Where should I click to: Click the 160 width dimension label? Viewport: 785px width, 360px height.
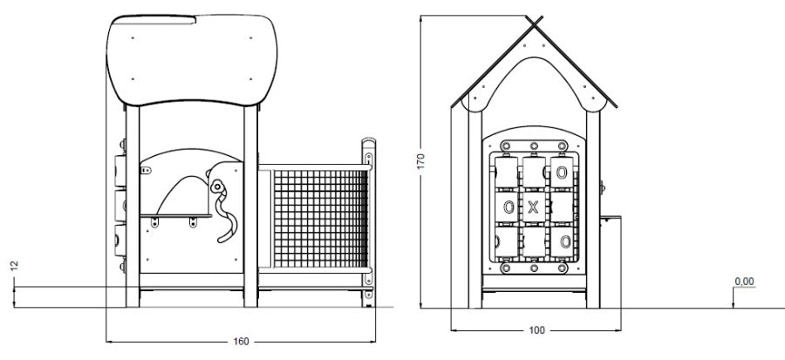coord(241,342)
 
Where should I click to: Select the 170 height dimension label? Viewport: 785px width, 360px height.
coord(420,161)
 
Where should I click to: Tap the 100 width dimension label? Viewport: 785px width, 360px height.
coord(536,330)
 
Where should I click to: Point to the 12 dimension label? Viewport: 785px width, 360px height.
coord(14,266)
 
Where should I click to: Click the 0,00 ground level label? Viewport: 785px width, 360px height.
coord(744,282)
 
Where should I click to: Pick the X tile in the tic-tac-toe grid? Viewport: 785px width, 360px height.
coord(534,207)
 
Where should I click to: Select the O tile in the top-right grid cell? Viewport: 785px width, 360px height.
coord(561,173)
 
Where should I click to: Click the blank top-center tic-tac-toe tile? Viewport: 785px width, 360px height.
coord(534,173)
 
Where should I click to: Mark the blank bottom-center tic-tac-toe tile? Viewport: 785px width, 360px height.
coord(534,242)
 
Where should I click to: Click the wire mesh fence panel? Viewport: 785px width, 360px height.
coord(320,219)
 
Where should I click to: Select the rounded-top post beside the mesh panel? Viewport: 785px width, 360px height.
coord(368,221)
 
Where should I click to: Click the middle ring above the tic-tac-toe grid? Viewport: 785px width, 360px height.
coord(534,146)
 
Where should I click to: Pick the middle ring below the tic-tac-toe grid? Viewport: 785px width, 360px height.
coord(534,268)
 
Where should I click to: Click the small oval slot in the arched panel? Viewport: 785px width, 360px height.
coord(145,171)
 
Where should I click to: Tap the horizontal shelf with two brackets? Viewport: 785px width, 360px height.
coord(176,216)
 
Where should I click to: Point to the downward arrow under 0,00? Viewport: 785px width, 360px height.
coord(733,298)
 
